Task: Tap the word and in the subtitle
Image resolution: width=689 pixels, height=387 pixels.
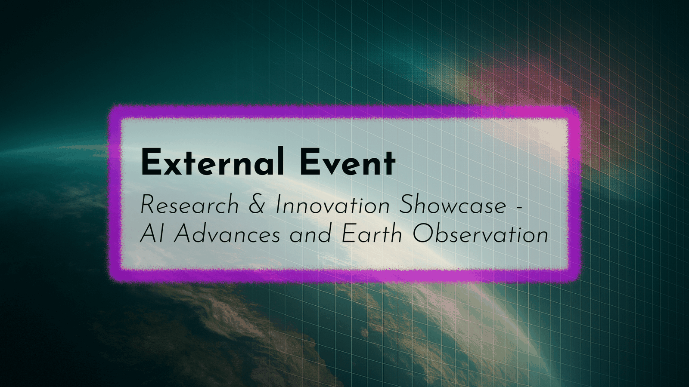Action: tap(310, 235)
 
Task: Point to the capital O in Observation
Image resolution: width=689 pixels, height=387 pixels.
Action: tap(422, 235)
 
